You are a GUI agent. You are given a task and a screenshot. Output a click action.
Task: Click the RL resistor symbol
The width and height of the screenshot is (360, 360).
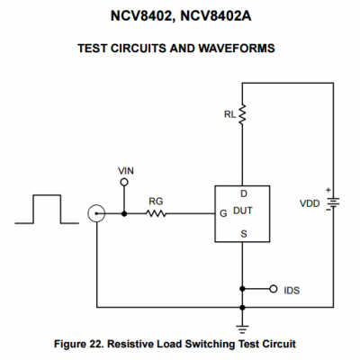242,114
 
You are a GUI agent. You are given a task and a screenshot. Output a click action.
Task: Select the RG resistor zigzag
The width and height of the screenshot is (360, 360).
156,213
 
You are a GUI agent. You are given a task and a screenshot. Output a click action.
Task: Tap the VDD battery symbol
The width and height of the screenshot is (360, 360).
333,202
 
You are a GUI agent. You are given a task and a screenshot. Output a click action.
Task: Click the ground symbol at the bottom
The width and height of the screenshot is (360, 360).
242,329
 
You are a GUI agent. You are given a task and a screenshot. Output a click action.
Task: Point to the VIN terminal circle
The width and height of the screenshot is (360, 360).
124,182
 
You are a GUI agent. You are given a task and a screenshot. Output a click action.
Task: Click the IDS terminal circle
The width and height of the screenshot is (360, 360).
273,289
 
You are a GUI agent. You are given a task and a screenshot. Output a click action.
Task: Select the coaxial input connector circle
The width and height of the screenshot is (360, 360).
96,213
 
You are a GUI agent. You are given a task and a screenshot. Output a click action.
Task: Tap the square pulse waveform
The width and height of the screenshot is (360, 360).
47,209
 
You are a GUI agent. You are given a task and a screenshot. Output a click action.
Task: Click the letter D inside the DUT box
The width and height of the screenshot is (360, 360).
244,193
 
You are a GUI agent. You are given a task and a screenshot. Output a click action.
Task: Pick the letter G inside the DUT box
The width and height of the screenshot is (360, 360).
223,213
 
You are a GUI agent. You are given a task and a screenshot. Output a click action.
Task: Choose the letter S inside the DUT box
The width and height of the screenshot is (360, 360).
244,234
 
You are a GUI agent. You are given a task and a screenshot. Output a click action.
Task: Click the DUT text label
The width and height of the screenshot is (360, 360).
243,211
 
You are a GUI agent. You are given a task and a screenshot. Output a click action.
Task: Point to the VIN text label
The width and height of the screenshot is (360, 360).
126,171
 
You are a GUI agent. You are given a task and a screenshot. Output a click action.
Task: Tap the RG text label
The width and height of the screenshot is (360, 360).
156,202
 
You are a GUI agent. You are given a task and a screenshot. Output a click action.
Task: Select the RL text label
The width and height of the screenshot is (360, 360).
229,114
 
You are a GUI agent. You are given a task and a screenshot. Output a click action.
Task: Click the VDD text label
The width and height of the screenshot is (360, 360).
310,203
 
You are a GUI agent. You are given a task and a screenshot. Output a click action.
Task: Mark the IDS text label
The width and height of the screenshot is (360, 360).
292,291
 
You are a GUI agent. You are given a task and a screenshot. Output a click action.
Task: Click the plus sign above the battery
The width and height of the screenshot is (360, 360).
328,190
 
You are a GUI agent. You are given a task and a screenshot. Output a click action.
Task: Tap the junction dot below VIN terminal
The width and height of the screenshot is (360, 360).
124,213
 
